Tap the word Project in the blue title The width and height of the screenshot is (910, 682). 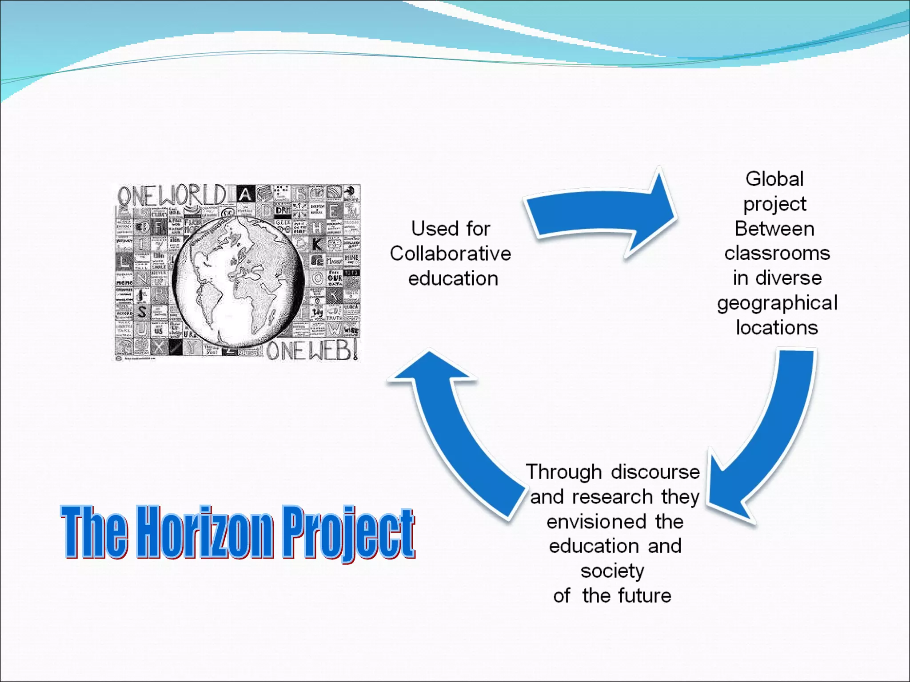pyautogui.click(x=348, y=533)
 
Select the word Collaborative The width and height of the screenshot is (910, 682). pyautogui.click(x=451, y=254)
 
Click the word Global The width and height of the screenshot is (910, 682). pyautogui.click(x=774, y=179)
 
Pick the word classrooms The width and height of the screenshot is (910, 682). pyautogui.click(x=777, y=254)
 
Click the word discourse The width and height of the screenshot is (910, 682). pyautogui.click(x=655, y=472)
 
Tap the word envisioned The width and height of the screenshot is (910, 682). pyautogui.click(x=596, y=522)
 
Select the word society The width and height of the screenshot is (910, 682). pyautogui.click(x=612, y=571)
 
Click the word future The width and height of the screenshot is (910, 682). pyautogui.click(x=644, y=596)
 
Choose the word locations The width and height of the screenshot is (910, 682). pyautogui.click(x=777, y=328)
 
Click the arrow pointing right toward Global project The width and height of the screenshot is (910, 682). pyautogui.click(x=604, y=213)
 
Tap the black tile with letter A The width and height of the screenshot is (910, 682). pyautogui.click(x=245, y=194)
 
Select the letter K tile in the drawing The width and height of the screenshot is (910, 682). pyautogui.click(x=317, y=244)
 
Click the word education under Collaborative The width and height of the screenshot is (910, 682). pyautogui.click(x=453, y=279)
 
